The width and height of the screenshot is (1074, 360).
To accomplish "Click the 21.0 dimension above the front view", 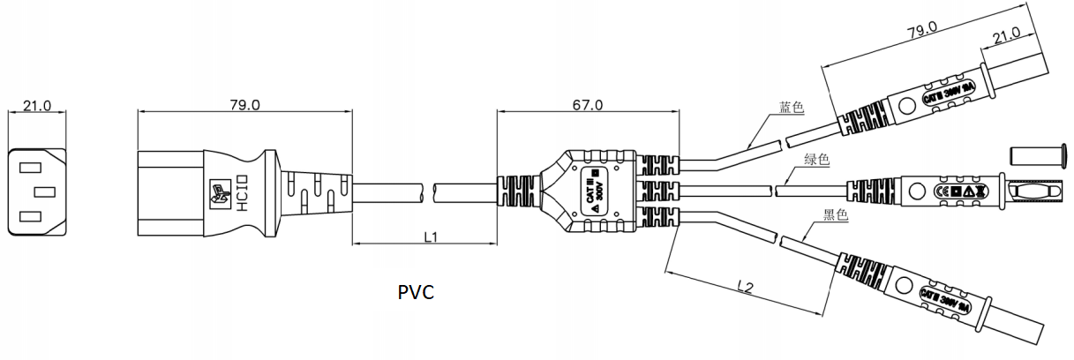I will [37, 106].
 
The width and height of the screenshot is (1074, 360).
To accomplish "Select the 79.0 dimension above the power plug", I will [244, 105].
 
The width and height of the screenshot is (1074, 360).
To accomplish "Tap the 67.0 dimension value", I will [588, 105].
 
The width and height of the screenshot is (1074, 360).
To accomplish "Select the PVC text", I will [415, 292].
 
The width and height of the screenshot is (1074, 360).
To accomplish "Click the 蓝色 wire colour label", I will [792, 108].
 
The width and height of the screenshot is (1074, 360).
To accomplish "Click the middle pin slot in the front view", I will [44, 191].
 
